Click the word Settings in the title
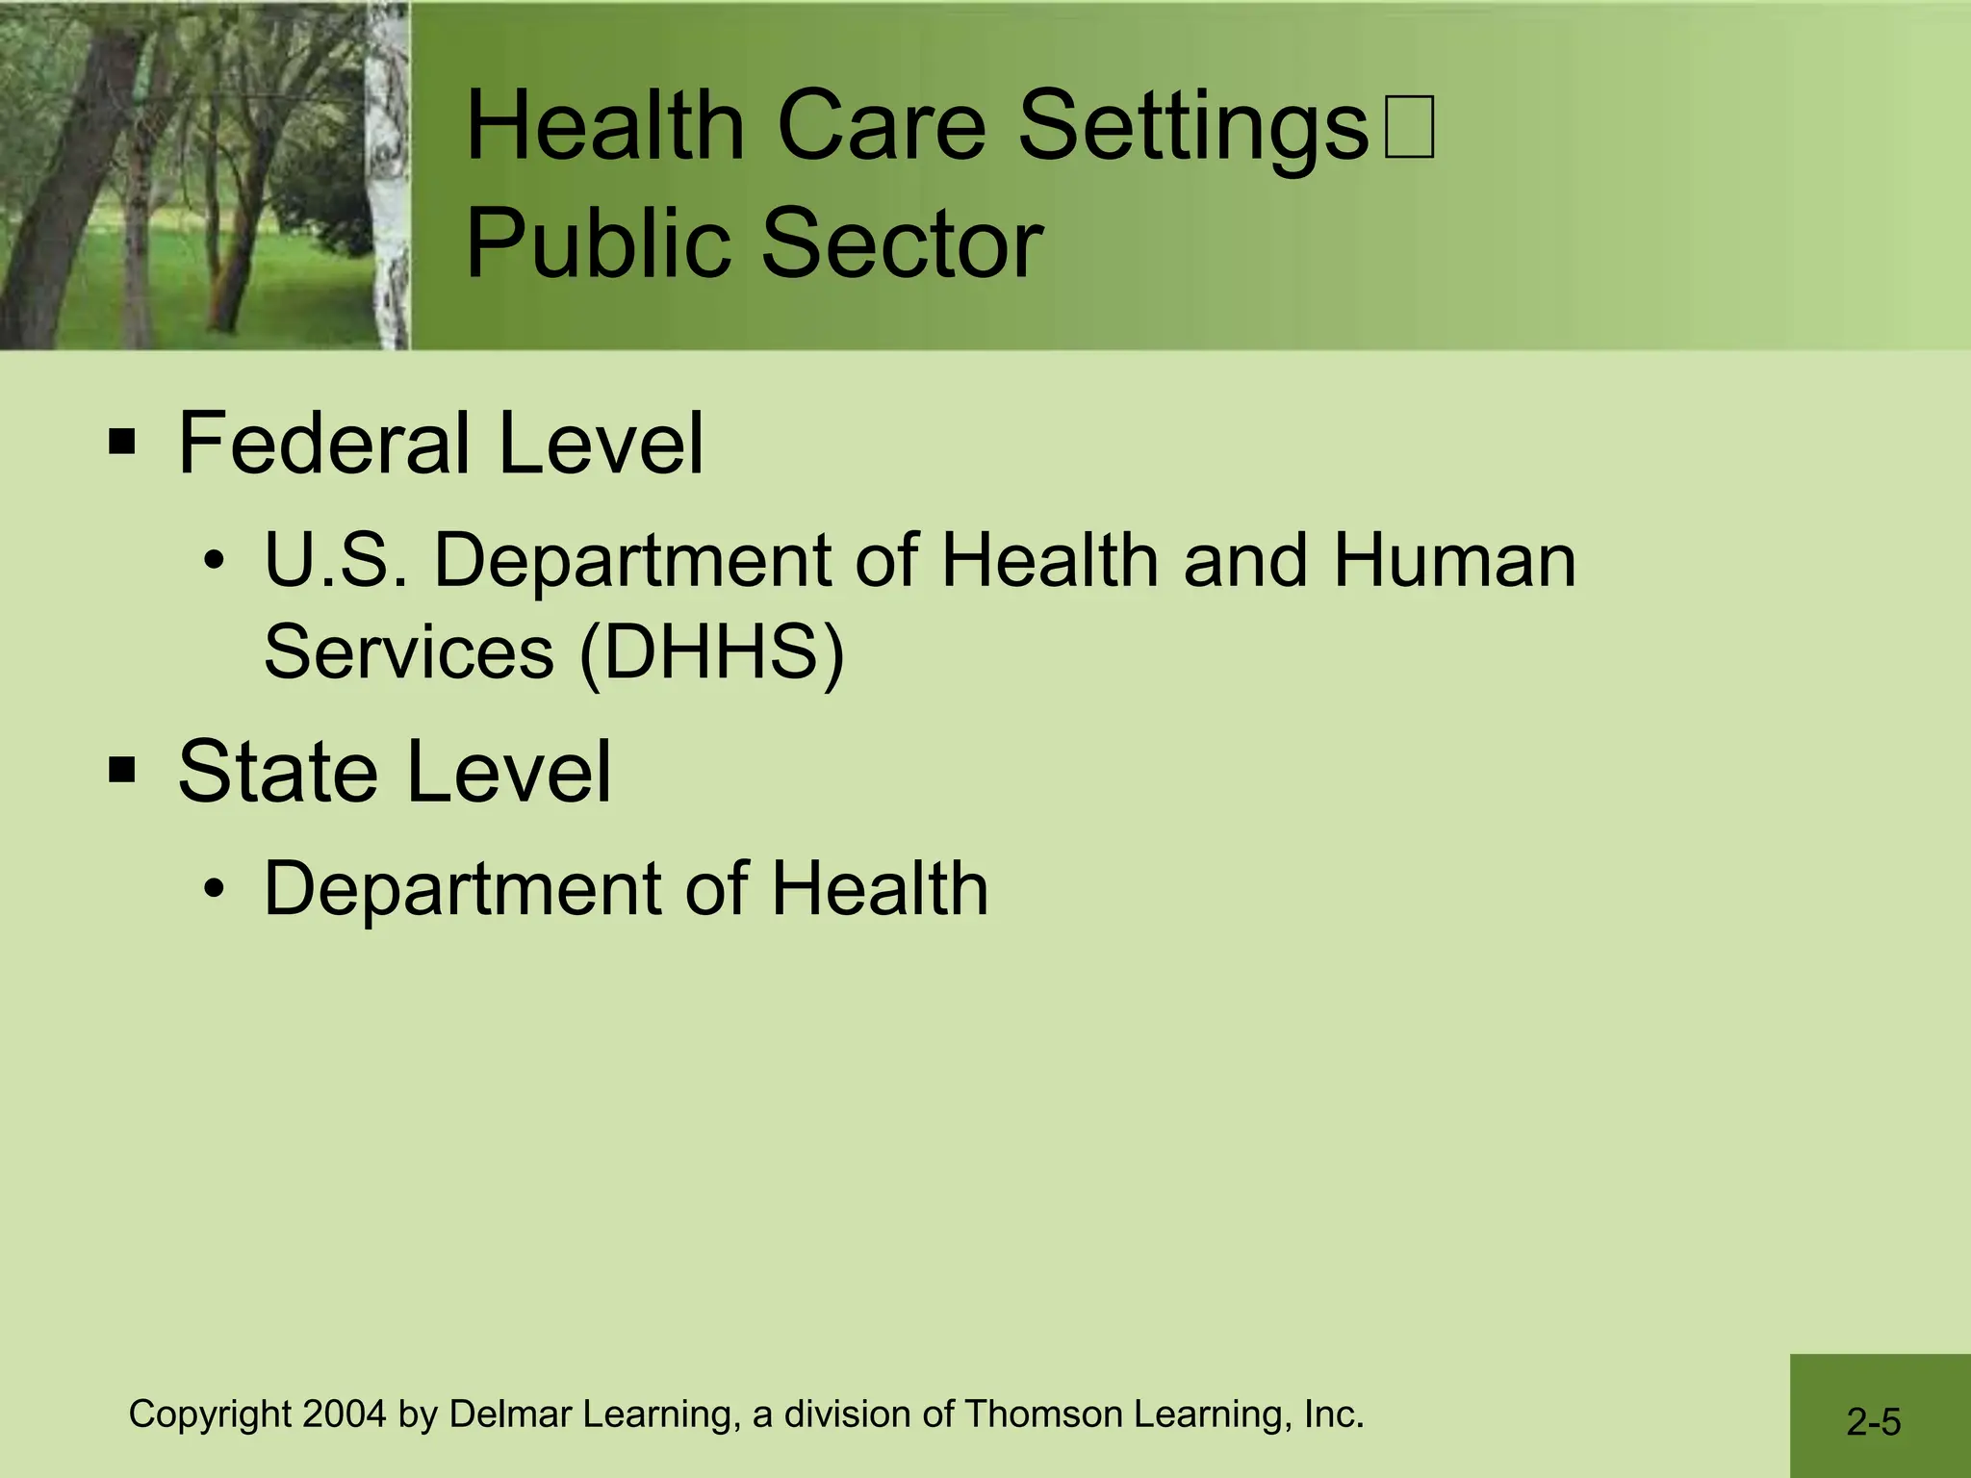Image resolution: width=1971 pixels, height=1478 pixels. [x=1192, y=127]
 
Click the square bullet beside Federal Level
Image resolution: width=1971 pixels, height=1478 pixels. [x=122, y=444]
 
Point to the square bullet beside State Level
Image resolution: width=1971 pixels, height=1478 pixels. [x=122, y=771]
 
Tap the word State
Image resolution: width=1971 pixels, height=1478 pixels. [x=277, y=771]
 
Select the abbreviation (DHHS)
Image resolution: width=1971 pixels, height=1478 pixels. [x=711, y=651]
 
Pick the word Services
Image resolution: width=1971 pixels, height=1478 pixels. [x=408, y=651]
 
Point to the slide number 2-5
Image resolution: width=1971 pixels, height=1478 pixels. [x=1873, y=1422]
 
